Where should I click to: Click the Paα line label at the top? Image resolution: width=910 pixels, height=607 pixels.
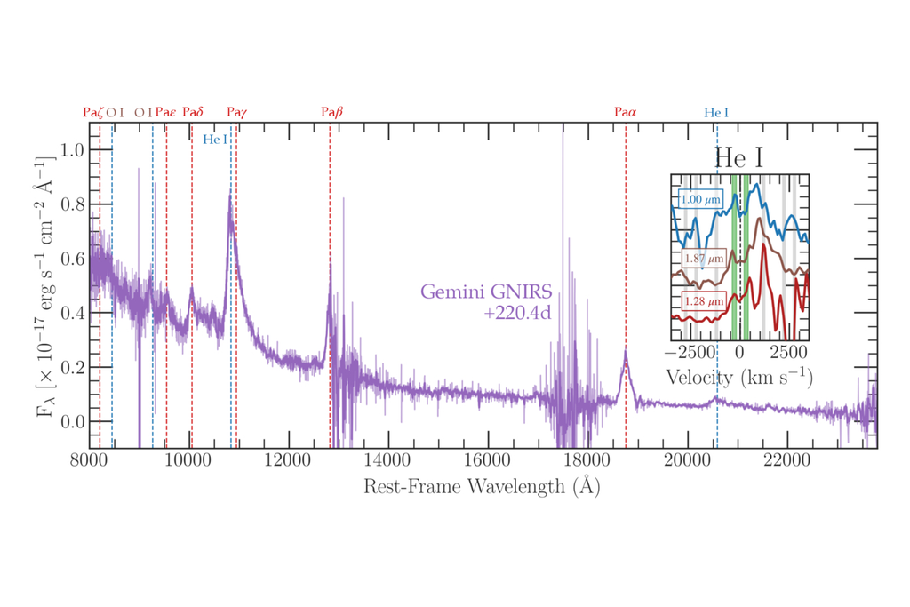tap(626, 113)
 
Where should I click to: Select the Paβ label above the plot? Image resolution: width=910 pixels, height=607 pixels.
tap(331, 113)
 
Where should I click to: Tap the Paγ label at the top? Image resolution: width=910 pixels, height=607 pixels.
tap(237, 113)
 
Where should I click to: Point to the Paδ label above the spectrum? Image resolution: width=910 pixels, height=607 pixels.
tap(193, 113)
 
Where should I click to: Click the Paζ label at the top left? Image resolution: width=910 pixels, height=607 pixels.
tap(93, 113)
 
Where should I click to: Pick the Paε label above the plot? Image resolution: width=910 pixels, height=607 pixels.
tap(166, 113)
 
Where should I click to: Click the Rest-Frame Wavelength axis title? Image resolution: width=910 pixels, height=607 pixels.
tap(481, 487)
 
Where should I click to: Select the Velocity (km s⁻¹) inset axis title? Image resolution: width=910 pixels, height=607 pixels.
tap(738, 377)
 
